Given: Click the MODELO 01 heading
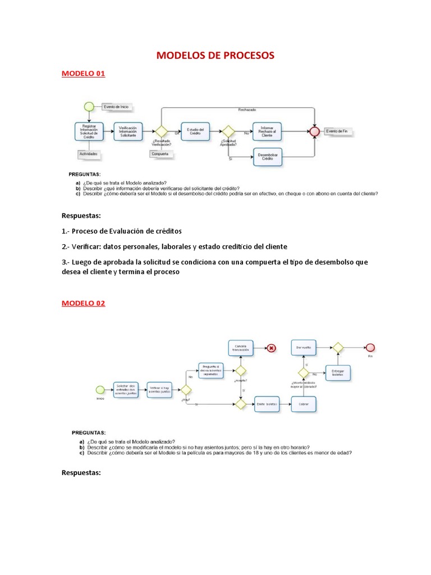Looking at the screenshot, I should click(83, 74).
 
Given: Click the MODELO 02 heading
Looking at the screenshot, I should click(83, 303).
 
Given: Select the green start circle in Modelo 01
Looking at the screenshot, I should click(88, 106).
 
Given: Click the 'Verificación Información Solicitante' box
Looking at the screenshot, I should click(127, 131).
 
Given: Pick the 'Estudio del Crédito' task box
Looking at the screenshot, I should click(194, 131).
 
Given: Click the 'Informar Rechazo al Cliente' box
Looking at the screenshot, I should click(267, 131).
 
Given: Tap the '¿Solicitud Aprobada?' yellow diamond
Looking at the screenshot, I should click(228, 131).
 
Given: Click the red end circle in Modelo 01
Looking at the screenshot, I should click(314, 131).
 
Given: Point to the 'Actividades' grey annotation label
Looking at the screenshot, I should click(89, 153).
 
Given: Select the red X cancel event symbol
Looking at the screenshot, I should click(272, 348).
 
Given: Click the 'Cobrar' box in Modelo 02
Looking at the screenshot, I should click(303, 404).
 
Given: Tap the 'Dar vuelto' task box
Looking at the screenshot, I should click(303, 348).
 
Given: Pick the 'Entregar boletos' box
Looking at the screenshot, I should click(338, 373).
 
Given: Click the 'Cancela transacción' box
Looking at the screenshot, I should click(241, 348).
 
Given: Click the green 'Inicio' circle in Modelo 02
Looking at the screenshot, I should click(100, 390).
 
